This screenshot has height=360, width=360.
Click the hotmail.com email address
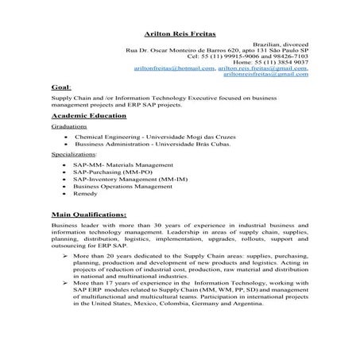[174, 68]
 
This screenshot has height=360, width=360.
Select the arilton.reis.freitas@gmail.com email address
[261, 68]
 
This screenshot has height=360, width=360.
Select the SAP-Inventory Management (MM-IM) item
[127, 179]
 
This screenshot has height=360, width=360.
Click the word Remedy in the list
[85, 194]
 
